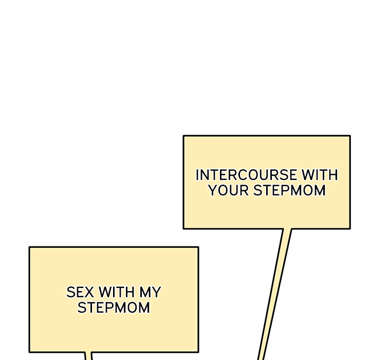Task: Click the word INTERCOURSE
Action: coord(246,175)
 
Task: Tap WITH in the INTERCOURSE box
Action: coord(320,175)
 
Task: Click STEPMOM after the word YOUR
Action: coord(289,190)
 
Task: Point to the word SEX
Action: coord(80,292)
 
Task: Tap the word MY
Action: coord(150,292)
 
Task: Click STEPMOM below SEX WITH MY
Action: coord(114,308)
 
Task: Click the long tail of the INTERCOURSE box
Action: coord(275,294)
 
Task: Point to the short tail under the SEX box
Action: coord(88,356)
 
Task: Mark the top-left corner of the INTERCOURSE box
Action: coord(183,136)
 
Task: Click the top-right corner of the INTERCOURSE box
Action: coord(350,136)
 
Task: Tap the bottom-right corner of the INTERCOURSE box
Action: coord(350,229)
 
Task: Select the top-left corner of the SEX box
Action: coord(29,247)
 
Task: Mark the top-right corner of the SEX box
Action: coord(198,247)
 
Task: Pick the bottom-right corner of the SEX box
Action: coord(198,352)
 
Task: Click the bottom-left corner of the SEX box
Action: coord(29,352)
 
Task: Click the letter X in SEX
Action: coord(89,292)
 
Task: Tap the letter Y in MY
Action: coord(156,292)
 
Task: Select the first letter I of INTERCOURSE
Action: coord(197,175)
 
